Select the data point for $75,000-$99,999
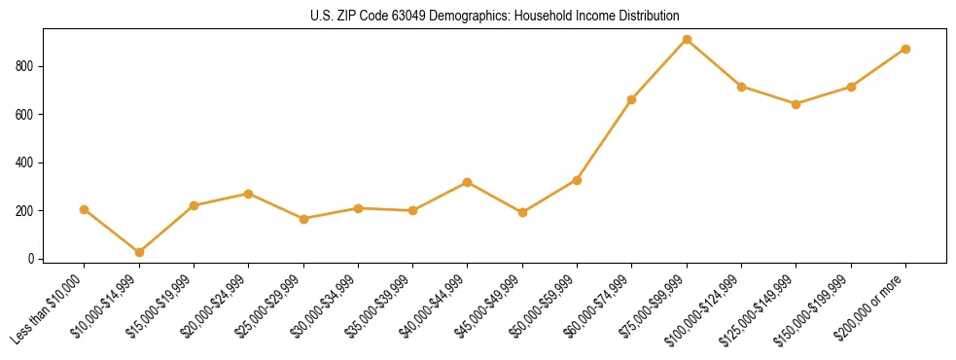pyautogui.click(x=687, y=40)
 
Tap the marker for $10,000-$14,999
pyautogui.click(x=139, y=252)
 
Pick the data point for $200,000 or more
pyautogui.click(x=905, y=49)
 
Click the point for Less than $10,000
pyautogui.click(x=84, y=209)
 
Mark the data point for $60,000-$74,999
pyautogui.click(x=632, y=99)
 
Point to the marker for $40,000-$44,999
pyautogui.click(x=468, y=182)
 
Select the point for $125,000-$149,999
pyautogui.click(x=797, y=104)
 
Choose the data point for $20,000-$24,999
pyautogui.click(x=249, y=194)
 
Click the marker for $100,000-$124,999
pyautogui.click(x=742, y=87)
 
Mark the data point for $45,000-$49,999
pyautogui.click(x=522, y=212)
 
